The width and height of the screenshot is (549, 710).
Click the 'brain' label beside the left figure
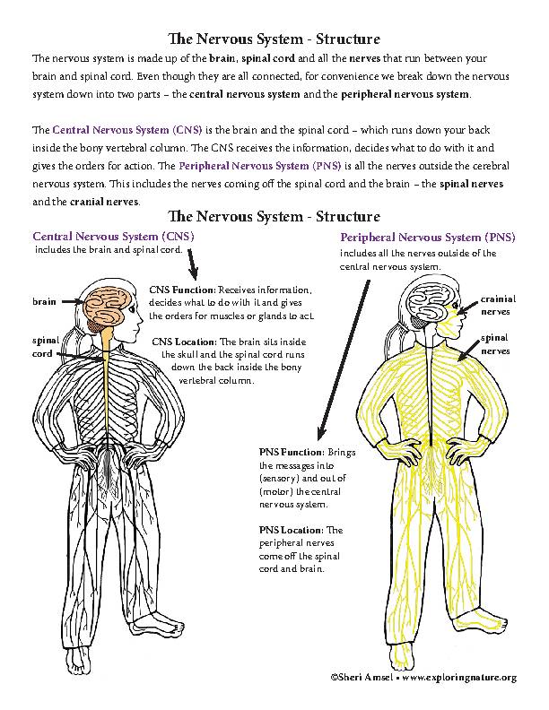pos(45,303)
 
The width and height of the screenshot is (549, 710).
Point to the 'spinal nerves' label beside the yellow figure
pos(495,344)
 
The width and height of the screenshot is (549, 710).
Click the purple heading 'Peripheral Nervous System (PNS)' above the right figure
pos(428,238)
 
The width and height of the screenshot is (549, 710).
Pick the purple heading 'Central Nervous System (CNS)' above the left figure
pos(113,236)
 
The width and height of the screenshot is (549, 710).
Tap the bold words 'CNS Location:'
pos(185,342)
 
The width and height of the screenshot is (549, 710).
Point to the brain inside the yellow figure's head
pos(431,299)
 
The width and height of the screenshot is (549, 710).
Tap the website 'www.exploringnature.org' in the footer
pos(459,678)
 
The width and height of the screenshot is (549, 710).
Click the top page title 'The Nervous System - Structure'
pos(274,39)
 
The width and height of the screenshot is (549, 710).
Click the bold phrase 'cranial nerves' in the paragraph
pos(94,202)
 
